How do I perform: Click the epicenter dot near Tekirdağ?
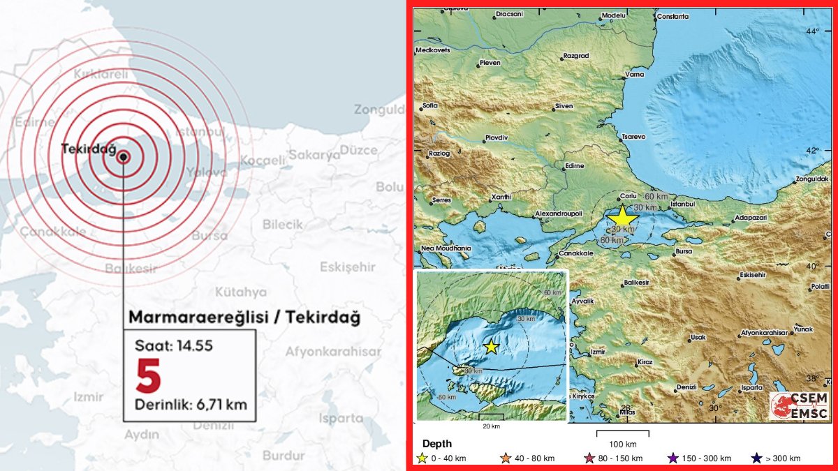click(x=123, y=157)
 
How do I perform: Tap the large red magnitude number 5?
click(x=148, y=376)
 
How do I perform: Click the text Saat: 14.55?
click(x=174, y=345)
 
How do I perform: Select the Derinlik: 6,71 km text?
click(x=191, y=404)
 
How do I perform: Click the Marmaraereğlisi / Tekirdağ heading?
click(x=244, y=317)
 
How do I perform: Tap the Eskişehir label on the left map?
click(x=347, y=267)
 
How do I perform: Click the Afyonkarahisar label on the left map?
click(x=333, y=352)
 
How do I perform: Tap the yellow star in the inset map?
click(x=491, y=346)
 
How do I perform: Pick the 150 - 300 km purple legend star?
click(x=672, y=458)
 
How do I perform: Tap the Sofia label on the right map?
click(x=429, y=106)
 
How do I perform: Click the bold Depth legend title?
click(x=436, y=444)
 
